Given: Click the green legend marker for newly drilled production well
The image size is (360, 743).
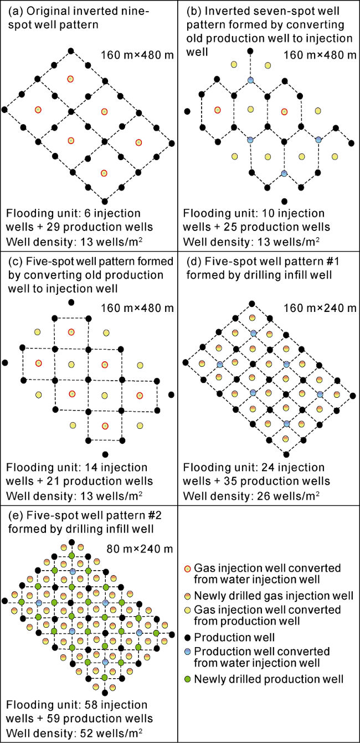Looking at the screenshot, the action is [188, 679].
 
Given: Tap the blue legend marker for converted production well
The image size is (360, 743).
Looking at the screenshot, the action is [188, 652].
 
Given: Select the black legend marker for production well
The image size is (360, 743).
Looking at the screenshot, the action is [188, 638].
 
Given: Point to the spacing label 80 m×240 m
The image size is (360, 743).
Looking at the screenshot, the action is [140, 549].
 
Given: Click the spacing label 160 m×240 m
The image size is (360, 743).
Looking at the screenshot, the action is [320, 308].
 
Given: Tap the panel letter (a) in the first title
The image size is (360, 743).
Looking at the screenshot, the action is [16, 11].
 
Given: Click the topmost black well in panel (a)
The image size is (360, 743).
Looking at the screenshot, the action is [70, 51].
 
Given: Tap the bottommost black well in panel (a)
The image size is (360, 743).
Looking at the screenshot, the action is [105, 201].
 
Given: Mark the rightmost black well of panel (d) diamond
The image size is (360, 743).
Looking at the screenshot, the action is [353, 396].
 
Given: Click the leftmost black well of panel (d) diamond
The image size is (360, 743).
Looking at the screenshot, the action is [186, 362].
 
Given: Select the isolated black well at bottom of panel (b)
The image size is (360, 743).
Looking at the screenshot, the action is [284, 201].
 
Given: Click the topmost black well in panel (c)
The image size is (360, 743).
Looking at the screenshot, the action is [71, 302].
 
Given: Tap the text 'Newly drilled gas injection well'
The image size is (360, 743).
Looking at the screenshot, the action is [274, 596].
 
